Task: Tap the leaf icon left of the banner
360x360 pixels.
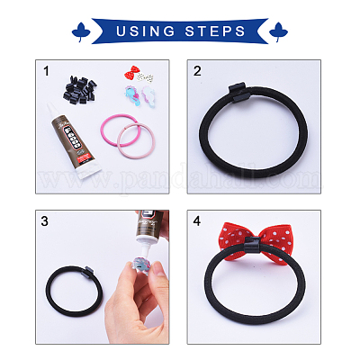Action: pyautogui.click(x=81, y=31)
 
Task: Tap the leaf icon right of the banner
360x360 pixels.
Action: pyautogui.click(x=278, y=31)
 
